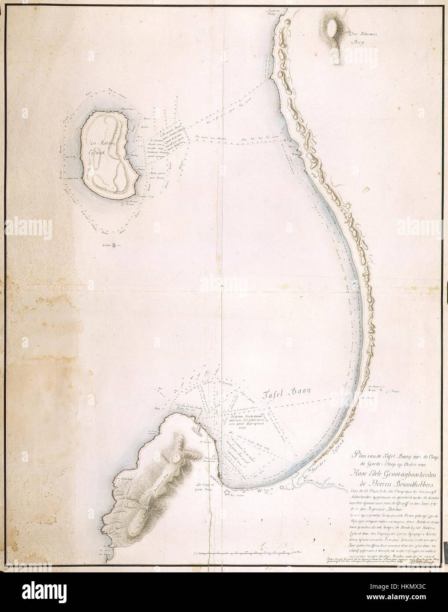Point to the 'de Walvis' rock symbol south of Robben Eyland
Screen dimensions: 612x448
[114, 246]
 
